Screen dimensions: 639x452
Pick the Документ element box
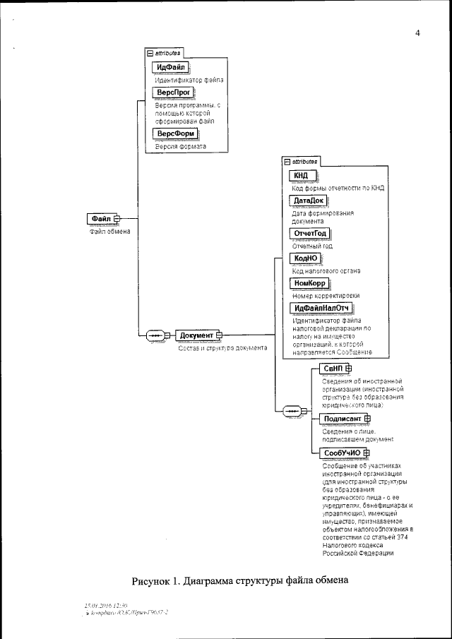click(x=197, y=335)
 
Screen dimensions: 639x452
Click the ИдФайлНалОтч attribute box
click(x=321, y=308)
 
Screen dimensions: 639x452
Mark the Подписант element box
click(x=342, y=419)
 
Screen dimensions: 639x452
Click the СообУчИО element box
click(x=342, y=453)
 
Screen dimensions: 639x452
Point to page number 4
click(x=417, y=32)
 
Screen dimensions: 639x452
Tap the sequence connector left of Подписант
click(x=291, y=411)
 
